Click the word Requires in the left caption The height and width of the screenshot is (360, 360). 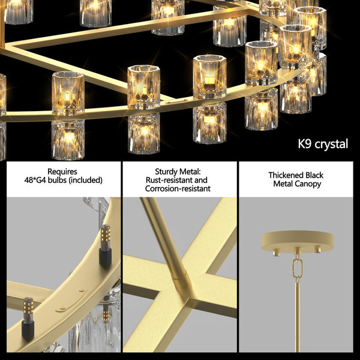tap(62, 172)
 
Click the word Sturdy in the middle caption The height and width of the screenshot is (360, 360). tap(158, 170)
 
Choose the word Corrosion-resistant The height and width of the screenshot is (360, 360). tap(178, 188)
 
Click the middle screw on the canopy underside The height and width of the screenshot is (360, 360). tap(296, 251)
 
